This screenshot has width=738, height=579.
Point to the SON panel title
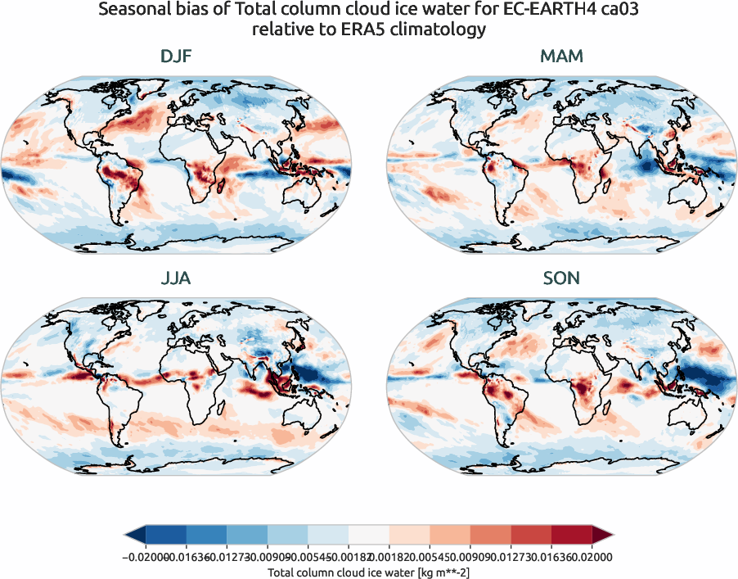click(x=561, y=278)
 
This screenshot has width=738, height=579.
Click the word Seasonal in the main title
click(x=133, y=11)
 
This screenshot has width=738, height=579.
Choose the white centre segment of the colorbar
click(x=368, y=535)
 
